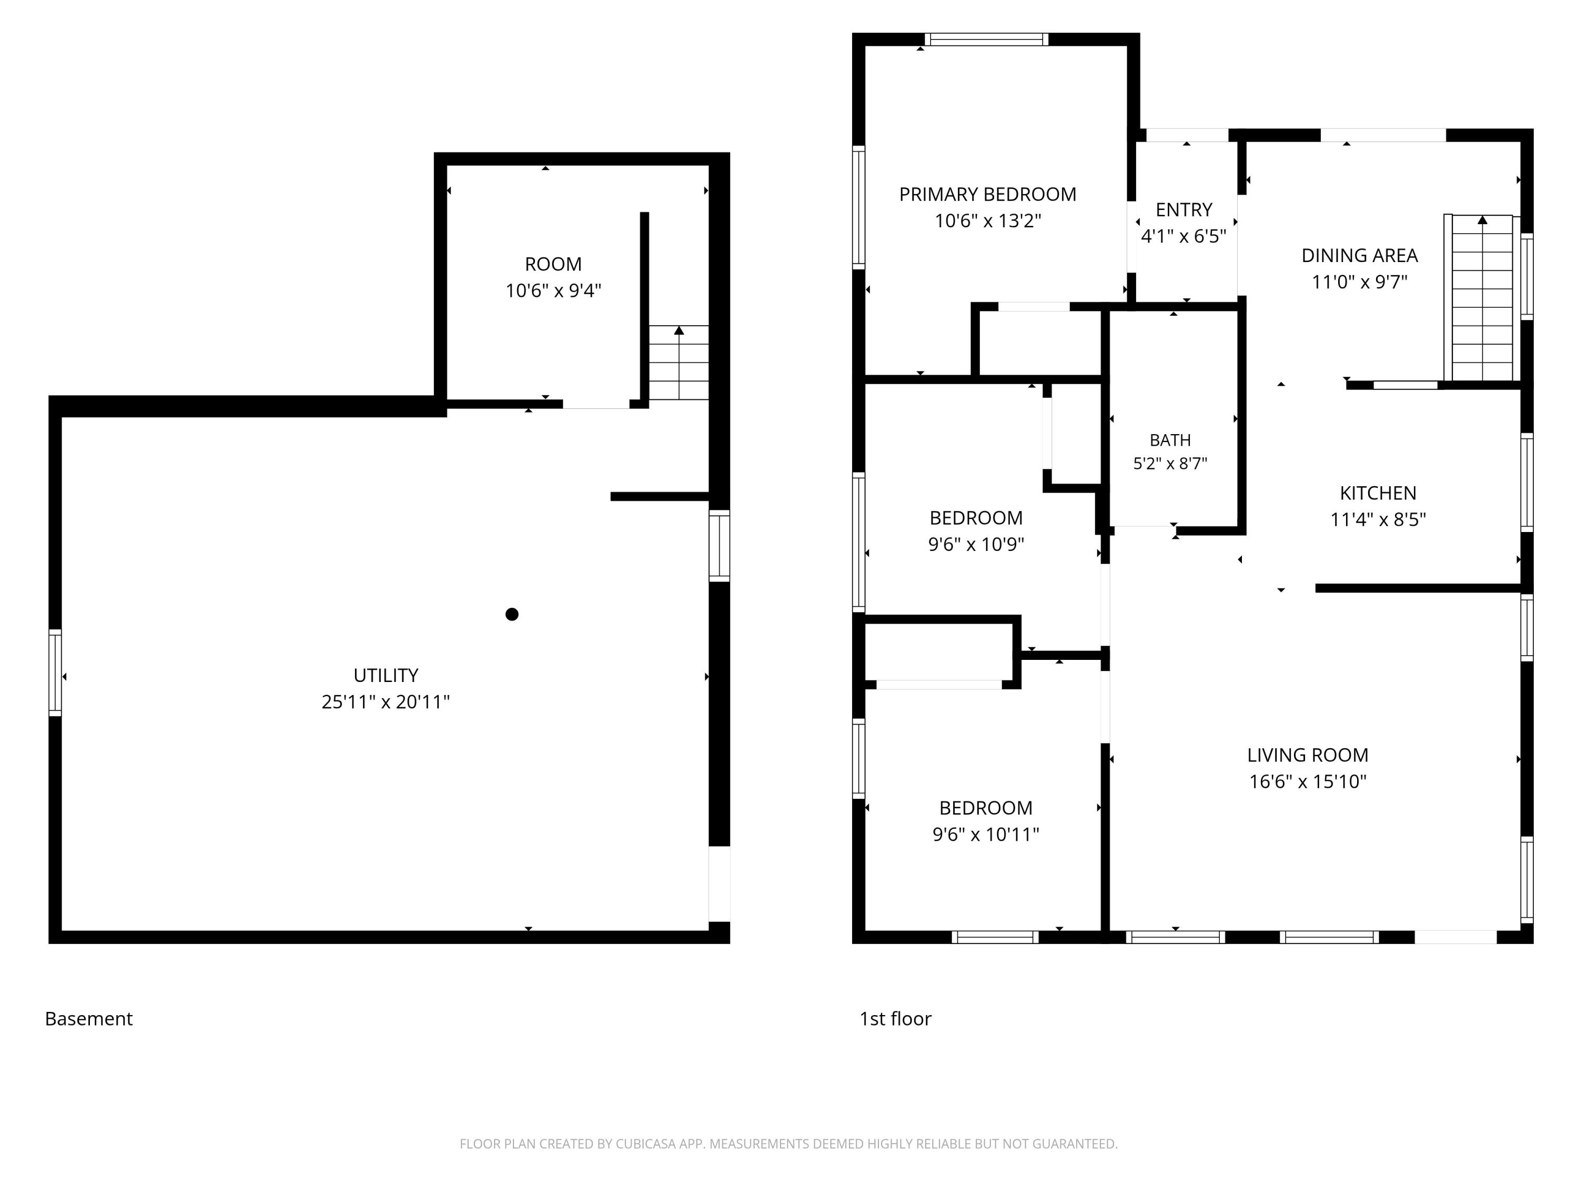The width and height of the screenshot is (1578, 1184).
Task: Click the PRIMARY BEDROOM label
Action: coord(987,194)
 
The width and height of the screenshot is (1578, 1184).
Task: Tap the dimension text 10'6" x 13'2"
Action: coord(987,220)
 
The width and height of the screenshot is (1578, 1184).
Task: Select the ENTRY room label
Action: coord(1183,210)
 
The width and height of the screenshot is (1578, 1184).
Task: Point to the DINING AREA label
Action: coord(1359,256)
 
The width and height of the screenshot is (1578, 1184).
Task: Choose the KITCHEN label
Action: coord(1378,493)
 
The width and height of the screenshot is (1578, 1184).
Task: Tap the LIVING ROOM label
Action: coord(1308,755)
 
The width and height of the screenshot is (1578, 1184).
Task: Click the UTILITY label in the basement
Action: coord(386,675)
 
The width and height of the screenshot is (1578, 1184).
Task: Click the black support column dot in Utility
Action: coord(511,614)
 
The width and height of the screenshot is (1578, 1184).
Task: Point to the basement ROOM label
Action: coord(553,264)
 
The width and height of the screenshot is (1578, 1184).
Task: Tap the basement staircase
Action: coord(679,363)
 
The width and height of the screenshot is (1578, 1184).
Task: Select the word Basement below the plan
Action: coord(88,1018)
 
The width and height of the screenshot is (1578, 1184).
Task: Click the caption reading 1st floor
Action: coord(895,1018)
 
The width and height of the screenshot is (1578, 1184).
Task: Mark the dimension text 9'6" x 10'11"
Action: coord(986,834)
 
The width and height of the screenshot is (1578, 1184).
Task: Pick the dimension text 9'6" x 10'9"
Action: coord(976,544)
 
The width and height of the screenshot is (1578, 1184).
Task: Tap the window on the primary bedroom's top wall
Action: coord(987,39)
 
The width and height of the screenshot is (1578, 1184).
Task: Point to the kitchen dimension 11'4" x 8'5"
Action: coord(1378,519)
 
